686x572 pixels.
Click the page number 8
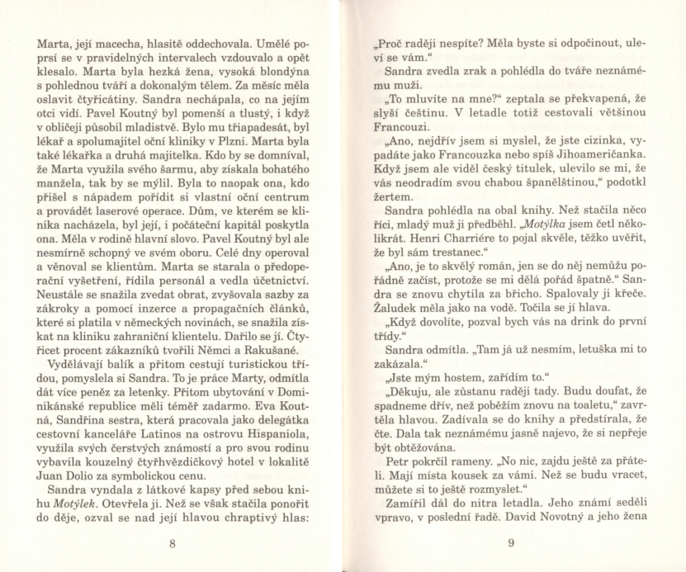[172, 543]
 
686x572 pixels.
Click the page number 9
[511, 542]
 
